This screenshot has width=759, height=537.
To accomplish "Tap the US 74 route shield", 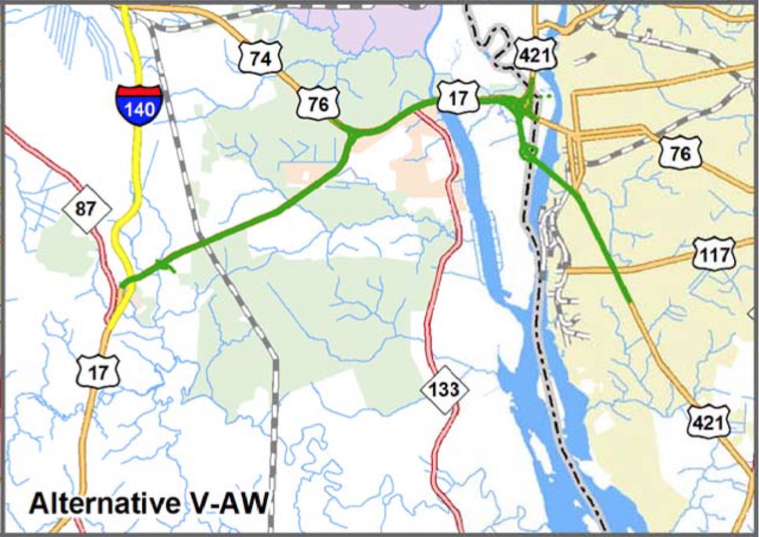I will tap(260, 58).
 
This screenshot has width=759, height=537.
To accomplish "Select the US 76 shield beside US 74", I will tap(318, 104).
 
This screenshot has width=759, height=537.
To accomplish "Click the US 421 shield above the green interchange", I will tap(537, 56).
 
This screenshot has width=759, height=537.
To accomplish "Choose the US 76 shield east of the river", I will tap(680, 153).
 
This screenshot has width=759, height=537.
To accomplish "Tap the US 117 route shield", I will tap(714, 254).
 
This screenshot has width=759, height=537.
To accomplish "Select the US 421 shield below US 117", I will tap(708, 421).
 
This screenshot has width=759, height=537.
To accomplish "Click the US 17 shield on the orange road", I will tap(99, 373).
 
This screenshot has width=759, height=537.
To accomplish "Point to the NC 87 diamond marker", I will tap(87, 209).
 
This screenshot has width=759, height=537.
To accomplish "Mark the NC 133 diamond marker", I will tap(445, 388).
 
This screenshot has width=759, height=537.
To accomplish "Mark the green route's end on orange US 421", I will tap(628, 299).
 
